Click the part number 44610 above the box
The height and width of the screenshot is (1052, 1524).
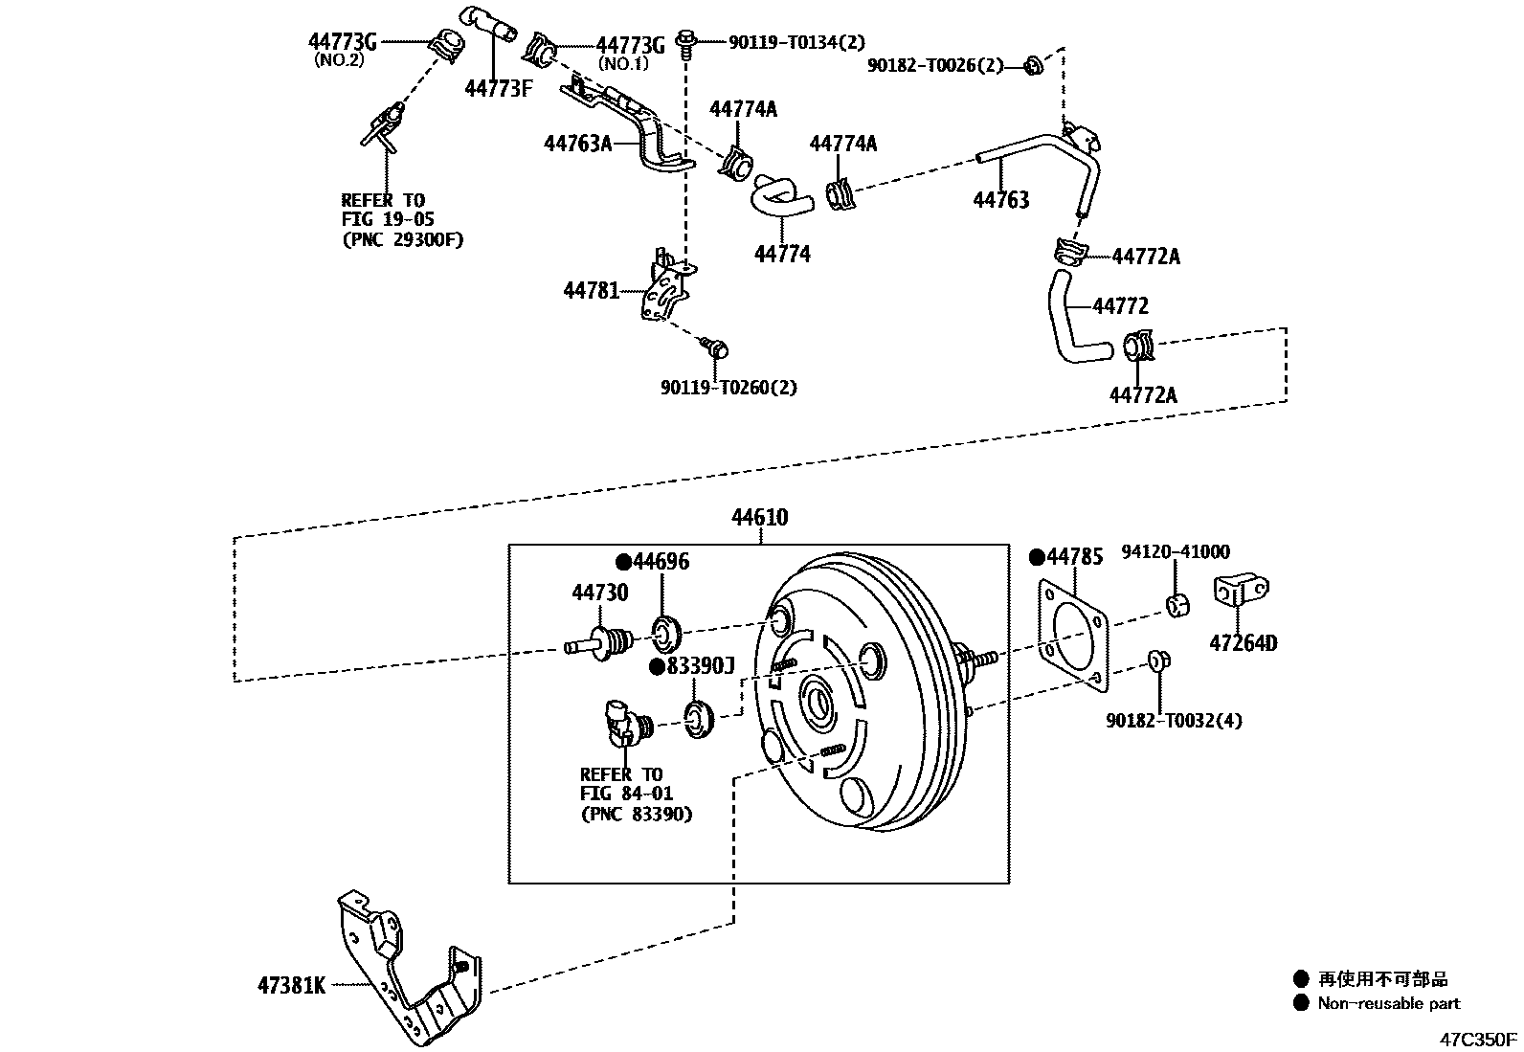[760, 518]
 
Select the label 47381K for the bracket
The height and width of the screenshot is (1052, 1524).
[291, 985]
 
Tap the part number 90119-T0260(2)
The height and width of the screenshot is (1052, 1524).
[728, 388]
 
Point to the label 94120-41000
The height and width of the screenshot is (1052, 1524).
[1176, 551]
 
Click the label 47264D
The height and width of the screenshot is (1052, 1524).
[1243, 642]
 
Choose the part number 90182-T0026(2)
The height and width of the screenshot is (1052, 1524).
[935, 65]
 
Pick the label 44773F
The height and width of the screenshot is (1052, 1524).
[498, 89]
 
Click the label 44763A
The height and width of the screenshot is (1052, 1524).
[577, 144]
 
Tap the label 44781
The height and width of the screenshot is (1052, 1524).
[592, 290]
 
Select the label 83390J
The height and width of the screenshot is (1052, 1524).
[700, 666]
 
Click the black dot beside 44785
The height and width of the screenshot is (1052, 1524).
[1036, 557]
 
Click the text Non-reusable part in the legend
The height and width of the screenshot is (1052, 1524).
[1388, 1003]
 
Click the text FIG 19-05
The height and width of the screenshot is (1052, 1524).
[387, 220]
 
